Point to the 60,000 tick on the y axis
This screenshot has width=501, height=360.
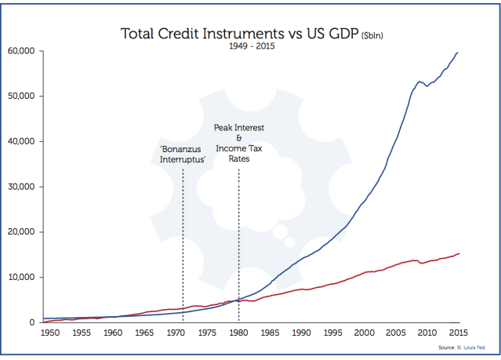[22, 51]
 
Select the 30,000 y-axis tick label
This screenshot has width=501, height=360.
[22, 187]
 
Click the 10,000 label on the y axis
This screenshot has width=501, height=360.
[22, 277]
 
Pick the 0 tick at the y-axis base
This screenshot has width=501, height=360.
[31, 322]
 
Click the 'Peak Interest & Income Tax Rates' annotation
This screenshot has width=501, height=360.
[239, 143]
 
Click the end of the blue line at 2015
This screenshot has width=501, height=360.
[459, 53]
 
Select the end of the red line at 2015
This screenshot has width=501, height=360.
[459, 253]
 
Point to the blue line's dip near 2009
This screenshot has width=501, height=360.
[427, 85]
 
